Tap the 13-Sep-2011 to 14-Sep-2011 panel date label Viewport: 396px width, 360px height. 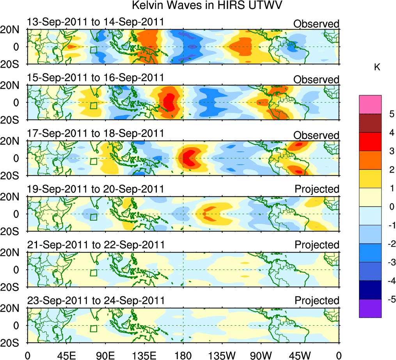click(x=96, y=22)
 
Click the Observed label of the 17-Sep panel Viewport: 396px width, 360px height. click(x=316, y=135)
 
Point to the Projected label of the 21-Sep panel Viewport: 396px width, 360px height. click(x=317, y=245)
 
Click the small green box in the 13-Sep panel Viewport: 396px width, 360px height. click(x=93, y=50)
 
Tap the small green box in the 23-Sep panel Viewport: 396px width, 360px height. click(x=93, y=328)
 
